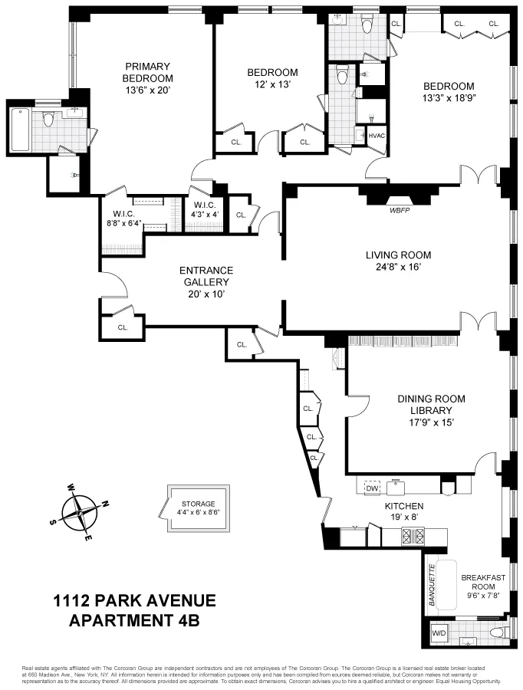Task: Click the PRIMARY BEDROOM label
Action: pos(148,72)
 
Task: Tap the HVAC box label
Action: pos(377,136)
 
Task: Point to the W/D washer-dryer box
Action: pos(439,634)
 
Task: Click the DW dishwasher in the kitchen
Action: pos(373,488)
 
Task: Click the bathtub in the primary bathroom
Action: pos(21,130)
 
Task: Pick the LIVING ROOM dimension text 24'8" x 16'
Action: pos(398,267)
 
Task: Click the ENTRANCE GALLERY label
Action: pos(206,276)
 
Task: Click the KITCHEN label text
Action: pos(403,507)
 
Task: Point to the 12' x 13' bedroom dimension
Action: pos(268,84)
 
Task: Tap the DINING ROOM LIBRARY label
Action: pos(431,405)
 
